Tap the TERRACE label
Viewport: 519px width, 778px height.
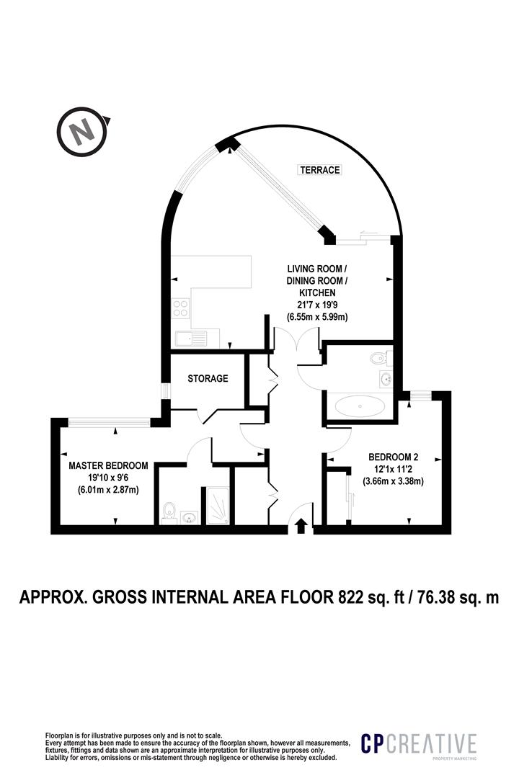[319, 170]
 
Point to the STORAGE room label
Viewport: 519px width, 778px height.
[208, 378]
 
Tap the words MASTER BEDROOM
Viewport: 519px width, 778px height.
[108, 465]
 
